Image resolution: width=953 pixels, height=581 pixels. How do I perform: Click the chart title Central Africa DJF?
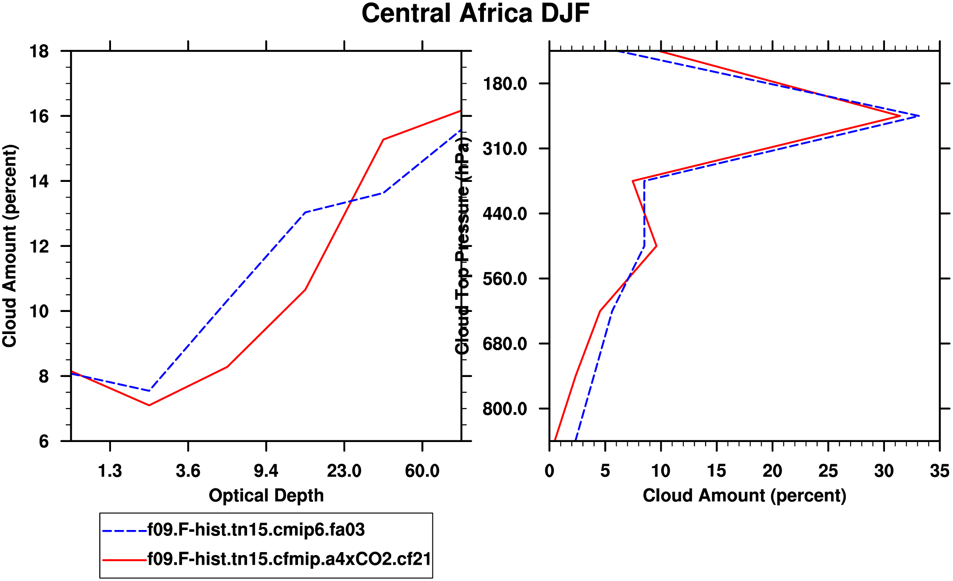(x=475, y=14)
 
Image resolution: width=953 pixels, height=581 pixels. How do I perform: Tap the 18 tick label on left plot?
(x=39, y=51)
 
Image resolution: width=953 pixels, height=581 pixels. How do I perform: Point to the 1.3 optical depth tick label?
(x=110, y=471)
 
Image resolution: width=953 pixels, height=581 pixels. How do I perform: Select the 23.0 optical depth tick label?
(x=344, y=471)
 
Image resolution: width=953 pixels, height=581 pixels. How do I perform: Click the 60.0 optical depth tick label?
(x=422, y=471)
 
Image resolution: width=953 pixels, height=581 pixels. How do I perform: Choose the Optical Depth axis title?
(x=266, y=496)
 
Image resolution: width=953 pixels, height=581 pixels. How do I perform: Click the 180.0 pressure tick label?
(x=505, y=84)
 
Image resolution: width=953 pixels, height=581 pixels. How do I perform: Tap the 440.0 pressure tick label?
(x=505, y=213)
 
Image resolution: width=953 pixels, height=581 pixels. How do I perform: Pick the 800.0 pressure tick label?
(x=505, y=409)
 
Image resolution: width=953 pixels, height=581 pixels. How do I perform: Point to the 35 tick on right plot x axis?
(x=939, y=471)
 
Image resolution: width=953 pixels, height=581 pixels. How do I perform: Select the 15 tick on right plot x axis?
(x=717, y=471)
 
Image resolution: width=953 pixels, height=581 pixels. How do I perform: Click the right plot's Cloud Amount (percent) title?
(x=744, y=496)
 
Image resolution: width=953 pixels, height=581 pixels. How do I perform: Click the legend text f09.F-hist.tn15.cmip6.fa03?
(x=256, y=530)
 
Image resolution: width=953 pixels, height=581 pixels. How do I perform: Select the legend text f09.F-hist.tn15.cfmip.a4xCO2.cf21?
(x=289, y=559)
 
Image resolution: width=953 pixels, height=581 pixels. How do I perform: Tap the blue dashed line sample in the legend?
(x=124, y=531)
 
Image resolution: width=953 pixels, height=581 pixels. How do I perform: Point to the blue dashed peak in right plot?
(x=919, y=116)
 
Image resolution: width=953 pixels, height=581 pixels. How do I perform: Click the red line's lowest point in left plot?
(x=149, y=405)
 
